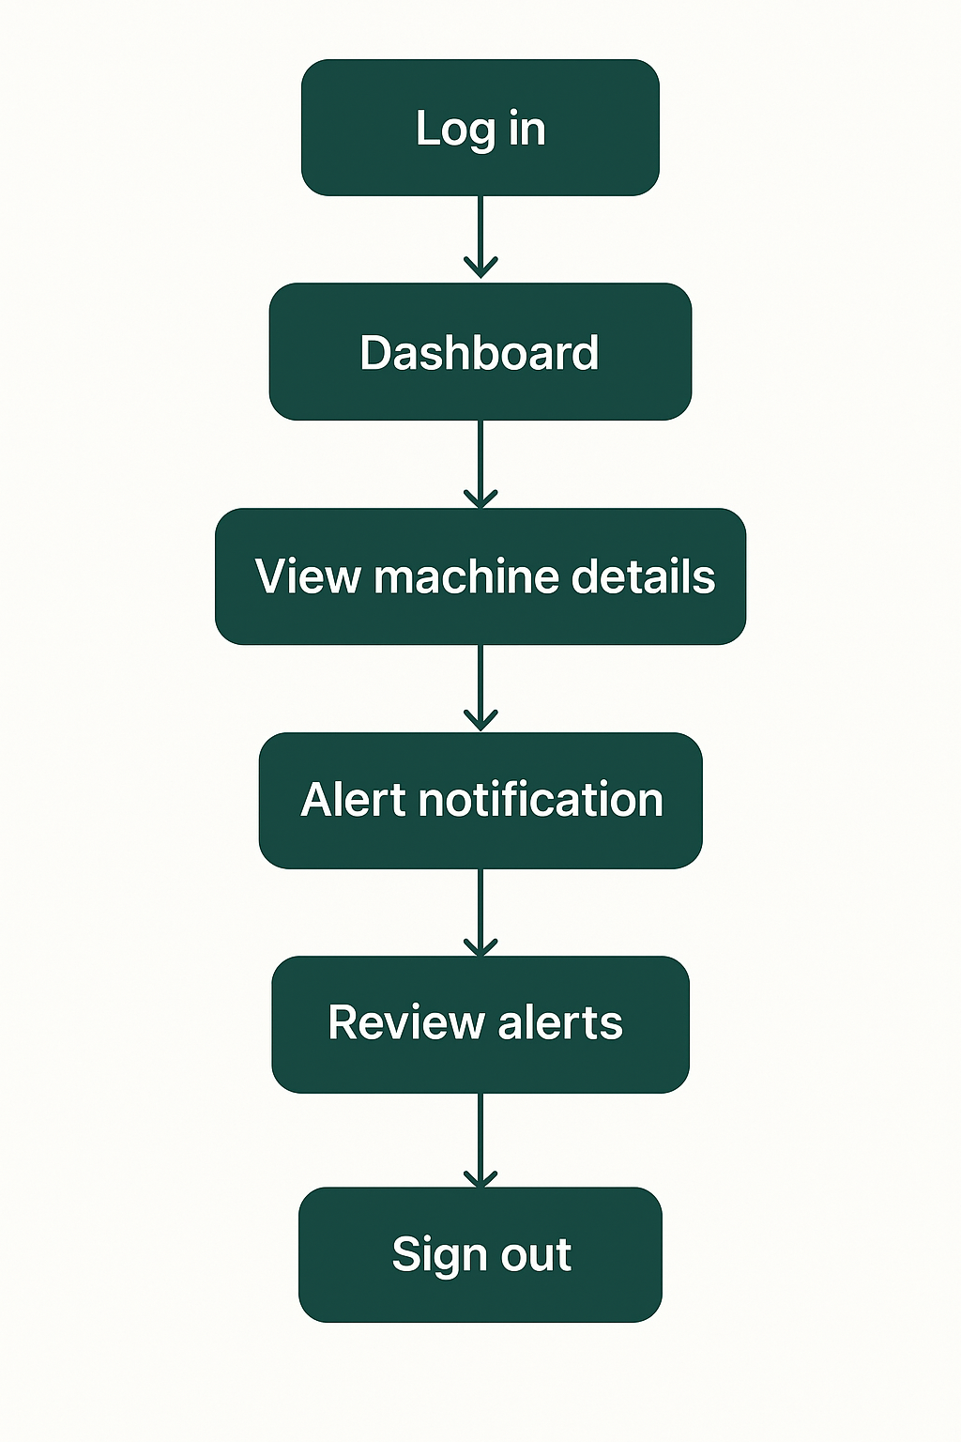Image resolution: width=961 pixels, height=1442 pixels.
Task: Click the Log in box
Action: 480,128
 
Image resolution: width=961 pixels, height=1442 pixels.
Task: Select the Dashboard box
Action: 480,352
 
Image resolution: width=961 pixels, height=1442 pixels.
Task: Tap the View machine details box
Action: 480,576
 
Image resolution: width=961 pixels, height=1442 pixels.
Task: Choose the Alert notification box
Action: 480,800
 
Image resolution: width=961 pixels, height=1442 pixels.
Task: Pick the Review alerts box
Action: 480,1023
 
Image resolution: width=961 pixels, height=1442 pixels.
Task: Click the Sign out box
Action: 480,1254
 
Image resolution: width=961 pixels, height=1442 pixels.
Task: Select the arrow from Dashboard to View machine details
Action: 480,464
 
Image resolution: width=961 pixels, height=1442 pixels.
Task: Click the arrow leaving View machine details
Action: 480,687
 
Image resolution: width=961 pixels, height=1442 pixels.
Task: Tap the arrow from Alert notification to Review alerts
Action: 480,912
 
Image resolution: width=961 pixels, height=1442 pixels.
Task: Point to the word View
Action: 307,576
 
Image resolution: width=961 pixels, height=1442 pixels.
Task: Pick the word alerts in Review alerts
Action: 560,1023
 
